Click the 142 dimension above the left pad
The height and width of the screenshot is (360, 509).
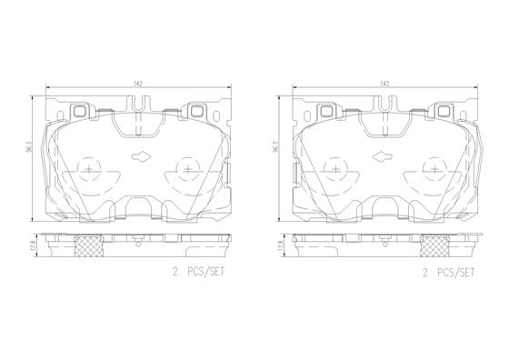(138, 84)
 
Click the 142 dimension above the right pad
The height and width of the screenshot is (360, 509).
(384, 84)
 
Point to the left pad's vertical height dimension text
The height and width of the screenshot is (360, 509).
(29, 148)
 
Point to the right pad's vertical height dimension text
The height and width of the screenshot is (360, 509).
(275, 148)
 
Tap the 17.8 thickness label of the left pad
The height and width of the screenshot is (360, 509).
(33, 245)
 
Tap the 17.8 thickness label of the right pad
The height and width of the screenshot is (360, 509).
(280, 245)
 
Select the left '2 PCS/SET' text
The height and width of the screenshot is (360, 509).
(198, 272)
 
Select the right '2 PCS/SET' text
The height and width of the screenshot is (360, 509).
(448, 273)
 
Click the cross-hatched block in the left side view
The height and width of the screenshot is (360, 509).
(89, 245)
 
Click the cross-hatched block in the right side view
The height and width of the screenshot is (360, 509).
(435, 245)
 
